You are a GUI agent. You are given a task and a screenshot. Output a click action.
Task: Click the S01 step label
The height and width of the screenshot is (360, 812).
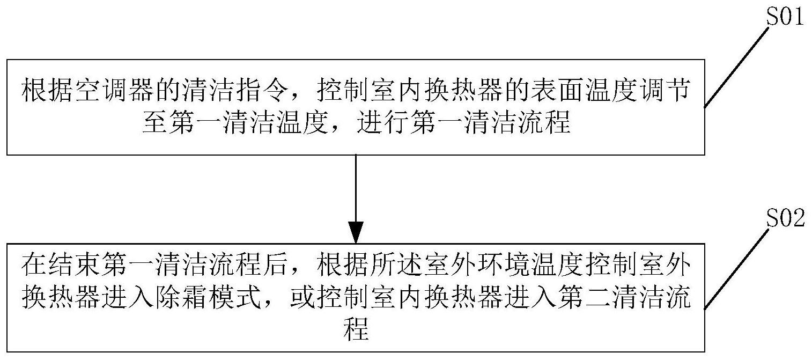pyautogui.click(x=785, y=17)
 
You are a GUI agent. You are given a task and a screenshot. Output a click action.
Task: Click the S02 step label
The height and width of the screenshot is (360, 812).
pyautogui.click(x=785, y=218)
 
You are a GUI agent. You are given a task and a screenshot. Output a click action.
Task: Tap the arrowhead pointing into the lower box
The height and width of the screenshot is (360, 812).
pyautogui.click(x=356, y=232)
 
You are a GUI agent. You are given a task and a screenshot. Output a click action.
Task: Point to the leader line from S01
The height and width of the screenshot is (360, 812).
pyautogui.click(x=736, y=67)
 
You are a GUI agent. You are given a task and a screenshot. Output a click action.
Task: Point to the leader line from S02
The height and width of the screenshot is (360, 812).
pyautogui.click(x=736, y=269)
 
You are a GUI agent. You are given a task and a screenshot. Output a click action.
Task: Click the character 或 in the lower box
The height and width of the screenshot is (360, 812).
pyautogui.click(x=302, y=298)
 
